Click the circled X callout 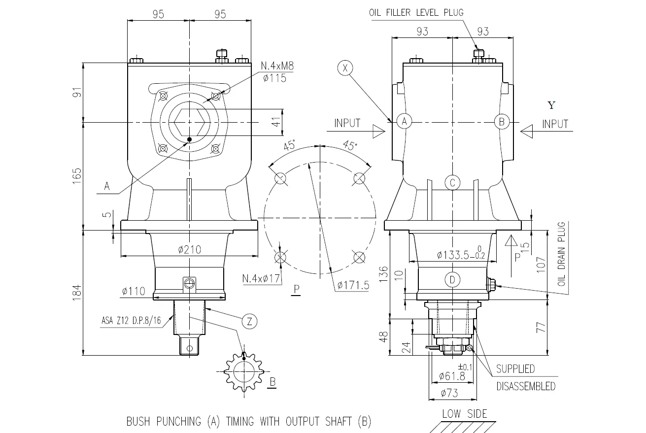point(345,68)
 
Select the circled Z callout point(250,322)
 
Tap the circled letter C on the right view point(452,183)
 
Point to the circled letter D point(452,280)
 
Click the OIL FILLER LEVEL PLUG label point(416,13)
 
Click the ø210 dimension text point(189,250)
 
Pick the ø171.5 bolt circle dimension point(353,285)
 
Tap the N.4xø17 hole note point(261,279)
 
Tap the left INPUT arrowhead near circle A point(378,131)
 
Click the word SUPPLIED point(515,369)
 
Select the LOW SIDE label point(464,413)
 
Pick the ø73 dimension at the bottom point(449,393)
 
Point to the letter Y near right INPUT point(551,105)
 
